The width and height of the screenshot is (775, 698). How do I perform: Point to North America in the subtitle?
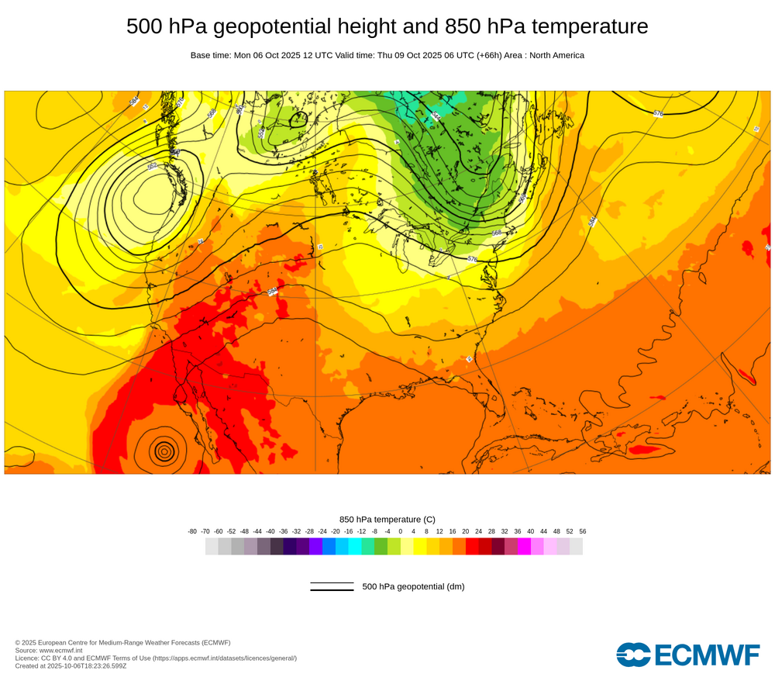coord(556,56)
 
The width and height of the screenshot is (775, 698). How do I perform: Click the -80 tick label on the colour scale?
coord(192,531)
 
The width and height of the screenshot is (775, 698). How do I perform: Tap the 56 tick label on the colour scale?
coord(582,531)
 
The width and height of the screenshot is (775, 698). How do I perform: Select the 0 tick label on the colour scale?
coord(401,531)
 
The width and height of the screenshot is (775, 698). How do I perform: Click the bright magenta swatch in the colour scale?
coord(524,546)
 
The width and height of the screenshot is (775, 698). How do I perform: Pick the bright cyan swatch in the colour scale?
coord(355,546)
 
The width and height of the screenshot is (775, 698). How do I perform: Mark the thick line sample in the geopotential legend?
coord(332,590)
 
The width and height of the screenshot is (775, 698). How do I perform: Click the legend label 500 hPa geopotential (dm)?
coord(413,586)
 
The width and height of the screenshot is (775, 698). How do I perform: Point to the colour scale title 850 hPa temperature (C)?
coord(387,519)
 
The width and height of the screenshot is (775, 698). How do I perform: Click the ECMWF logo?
coord(688,655)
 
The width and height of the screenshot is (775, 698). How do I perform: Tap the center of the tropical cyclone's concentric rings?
coord(164,450)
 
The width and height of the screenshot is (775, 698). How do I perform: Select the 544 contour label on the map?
coord(436,116)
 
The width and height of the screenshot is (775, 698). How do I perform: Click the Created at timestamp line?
coord(71,665)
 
